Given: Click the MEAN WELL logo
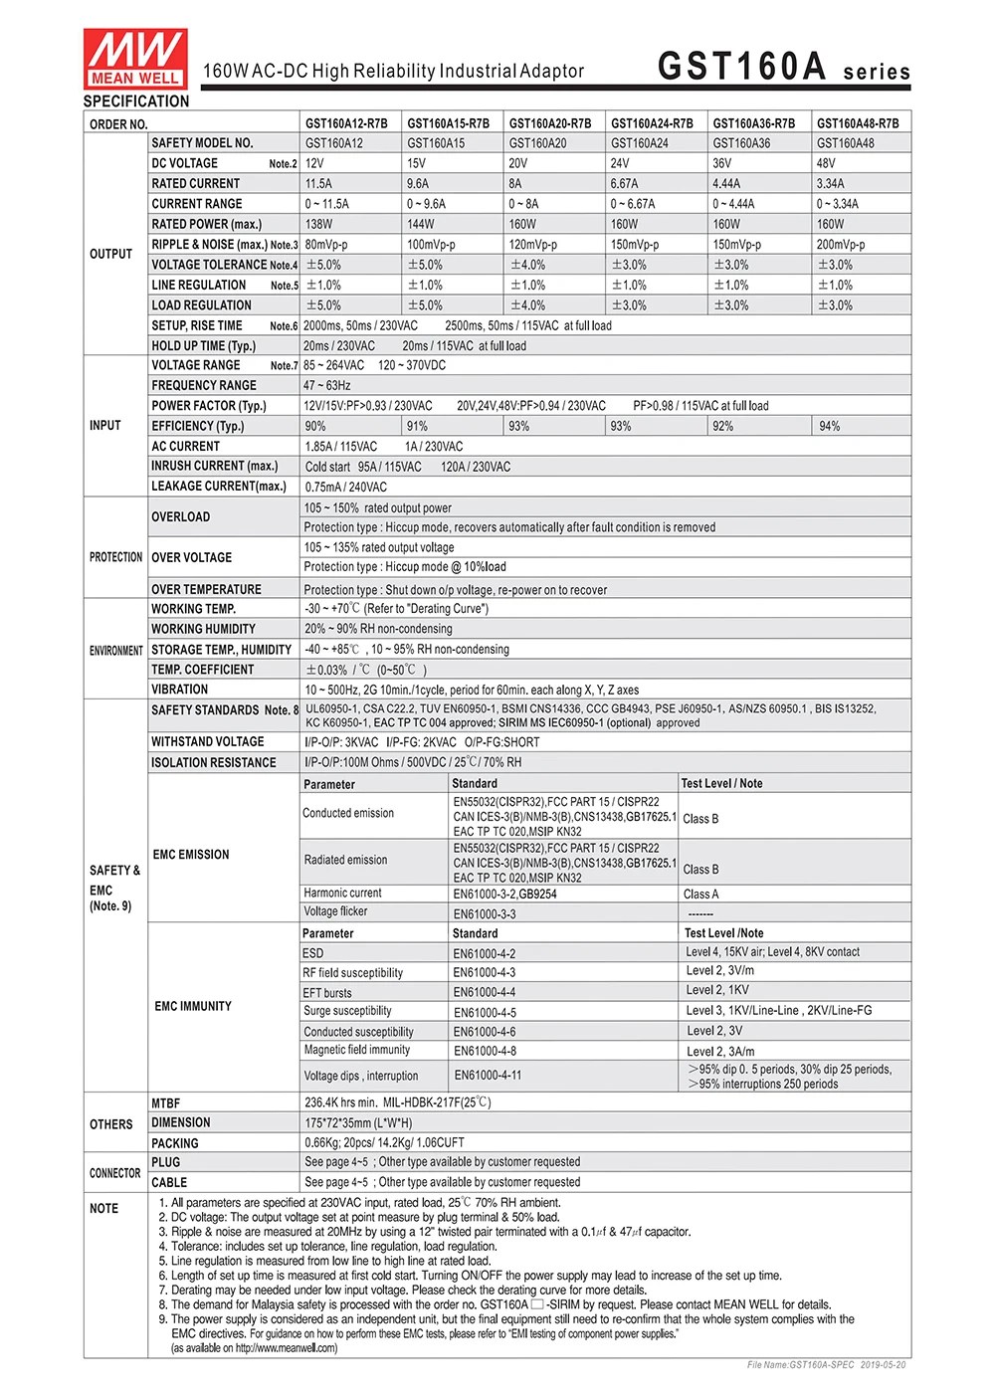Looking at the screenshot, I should (x=135, y=58).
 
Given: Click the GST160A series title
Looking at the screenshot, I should (x=783, y=67).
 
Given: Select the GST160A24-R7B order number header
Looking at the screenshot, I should (x=652, y=123).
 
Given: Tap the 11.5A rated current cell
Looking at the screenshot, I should (x=318, y=183).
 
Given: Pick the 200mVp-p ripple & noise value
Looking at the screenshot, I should (x=841, y=245).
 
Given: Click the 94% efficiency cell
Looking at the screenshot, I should (x=830, y=426).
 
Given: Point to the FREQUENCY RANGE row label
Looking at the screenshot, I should (x=204, y=385).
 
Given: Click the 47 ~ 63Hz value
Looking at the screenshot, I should (x=327, y=385).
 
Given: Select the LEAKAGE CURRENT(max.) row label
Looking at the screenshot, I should (x=219, y=486).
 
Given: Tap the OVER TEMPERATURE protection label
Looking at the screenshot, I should (x=206, y=589).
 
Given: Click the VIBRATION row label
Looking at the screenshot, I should (x=180, y=689).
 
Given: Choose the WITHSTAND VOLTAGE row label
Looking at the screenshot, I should (x=208, y=741).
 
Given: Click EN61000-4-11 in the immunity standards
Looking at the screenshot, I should (x=488, y=1075).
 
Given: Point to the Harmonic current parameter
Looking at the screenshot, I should (x=342, y=893).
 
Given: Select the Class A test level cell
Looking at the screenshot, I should (x=701, y=894).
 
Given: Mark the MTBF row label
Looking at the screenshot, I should (x=166, y=1102).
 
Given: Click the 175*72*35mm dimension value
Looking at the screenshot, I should (x=358, y=1122).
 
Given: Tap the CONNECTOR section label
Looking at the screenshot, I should (x=115, y=1173).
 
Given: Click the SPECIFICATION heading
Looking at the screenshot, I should (x=136, y=101).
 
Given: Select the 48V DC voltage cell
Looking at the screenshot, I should (x=826, y=163).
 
